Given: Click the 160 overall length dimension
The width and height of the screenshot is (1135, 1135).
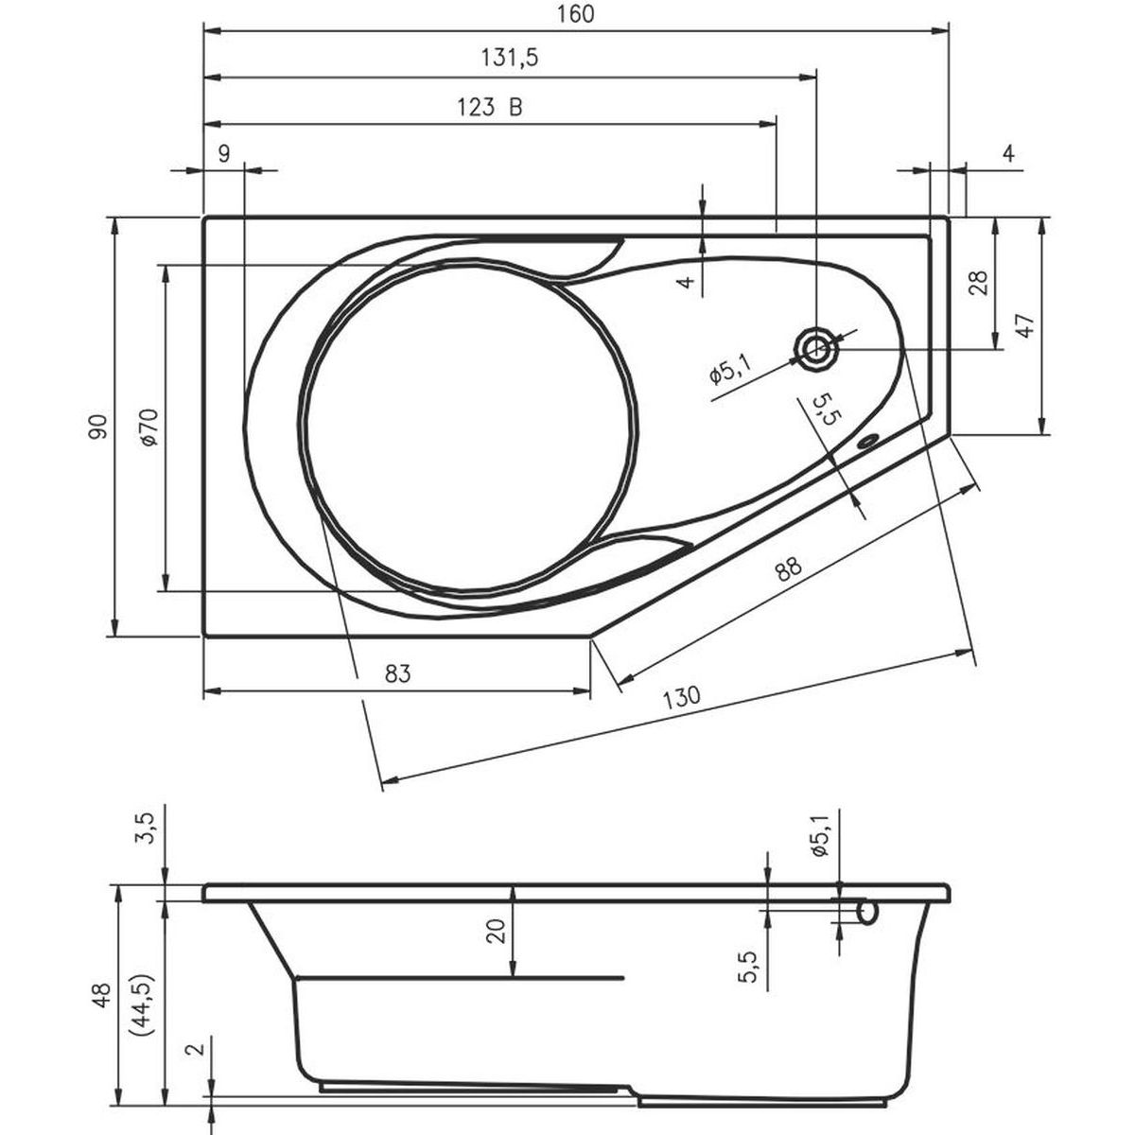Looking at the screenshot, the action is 575,14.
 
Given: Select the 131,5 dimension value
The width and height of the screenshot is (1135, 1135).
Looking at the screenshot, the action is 510,58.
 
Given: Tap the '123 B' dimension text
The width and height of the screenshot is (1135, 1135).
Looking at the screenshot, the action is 489,107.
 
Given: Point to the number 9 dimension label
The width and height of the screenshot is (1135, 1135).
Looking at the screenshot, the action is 224,154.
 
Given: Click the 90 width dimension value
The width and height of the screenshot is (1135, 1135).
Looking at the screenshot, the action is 98,427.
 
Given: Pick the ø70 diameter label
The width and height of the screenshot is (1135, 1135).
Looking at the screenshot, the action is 149,427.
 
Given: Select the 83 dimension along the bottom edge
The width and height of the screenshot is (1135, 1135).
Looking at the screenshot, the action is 397,673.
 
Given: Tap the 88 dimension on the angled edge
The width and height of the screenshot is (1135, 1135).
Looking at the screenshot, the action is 788,569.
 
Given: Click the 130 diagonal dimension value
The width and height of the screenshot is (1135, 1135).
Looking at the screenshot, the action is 681,697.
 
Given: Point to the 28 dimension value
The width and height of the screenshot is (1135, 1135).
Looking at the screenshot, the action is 977,284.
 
